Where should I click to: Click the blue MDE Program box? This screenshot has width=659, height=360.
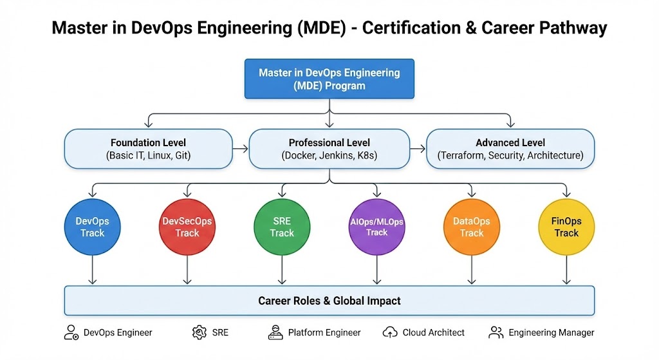point(329,79)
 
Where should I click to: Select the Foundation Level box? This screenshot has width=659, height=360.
point(149,149)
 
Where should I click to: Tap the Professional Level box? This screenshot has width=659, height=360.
point(329,149)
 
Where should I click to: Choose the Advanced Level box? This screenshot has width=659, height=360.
point(510,149)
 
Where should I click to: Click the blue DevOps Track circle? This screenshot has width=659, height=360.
point(93,227)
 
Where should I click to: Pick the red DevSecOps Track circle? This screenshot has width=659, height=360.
point(187,227)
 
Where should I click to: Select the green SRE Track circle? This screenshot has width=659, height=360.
point(282,227)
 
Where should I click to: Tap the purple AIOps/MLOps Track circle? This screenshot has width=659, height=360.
point(376,227)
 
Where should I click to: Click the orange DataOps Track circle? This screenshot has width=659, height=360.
point(472,227)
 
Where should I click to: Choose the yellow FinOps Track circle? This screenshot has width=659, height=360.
point(566,227)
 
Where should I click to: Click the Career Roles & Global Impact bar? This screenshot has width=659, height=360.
point(329,301)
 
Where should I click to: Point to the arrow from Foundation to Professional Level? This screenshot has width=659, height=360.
point(240,149)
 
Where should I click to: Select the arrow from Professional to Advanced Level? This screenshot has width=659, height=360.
point(418,149)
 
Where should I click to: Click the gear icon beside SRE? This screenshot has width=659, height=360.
point(198,332)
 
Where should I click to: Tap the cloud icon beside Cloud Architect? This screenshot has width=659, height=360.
point(390,332)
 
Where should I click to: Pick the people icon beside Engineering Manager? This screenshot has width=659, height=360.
point(496,332)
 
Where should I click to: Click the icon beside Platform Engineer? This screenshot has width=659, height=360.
point(275,332)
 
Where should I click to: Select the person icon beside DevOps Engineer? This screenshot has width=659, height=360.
point(72,332)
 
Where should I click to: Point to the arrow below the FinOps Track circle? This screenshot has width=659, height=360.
point(566,270)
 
